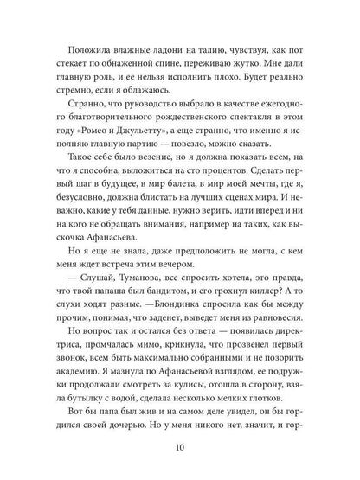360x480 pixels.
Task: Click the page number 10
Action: click(x=180, y=448)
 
